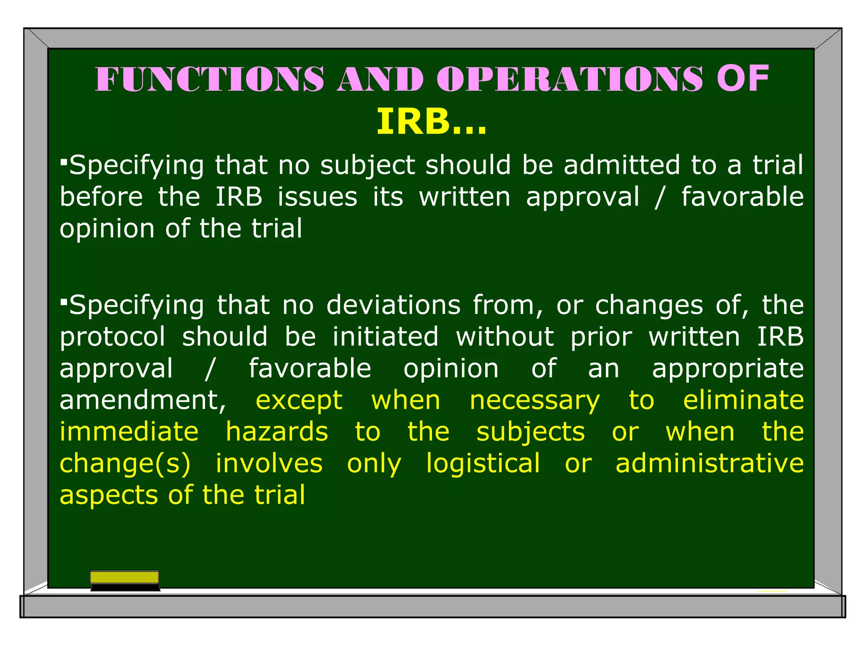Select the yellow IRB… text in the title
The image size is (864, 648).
431,122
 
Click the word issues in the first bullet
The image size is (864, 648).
317,197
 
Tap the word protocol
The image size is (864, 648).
113,337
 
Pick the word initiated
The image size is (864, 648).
385,337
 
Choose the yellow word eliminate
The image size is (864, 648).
743,400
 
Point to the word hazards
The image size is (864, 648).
277,432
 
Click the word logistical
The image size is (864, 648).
483,464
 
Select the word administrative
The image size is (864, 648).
710,463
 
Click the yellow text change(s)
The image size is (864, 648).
125,464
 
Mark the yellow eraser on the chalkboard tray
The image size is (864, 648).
124,577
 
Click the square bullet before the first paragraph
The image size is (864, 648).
64,161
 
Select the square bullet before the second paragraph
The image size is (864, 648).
64,301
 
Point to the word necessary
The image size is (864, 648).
535,401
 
